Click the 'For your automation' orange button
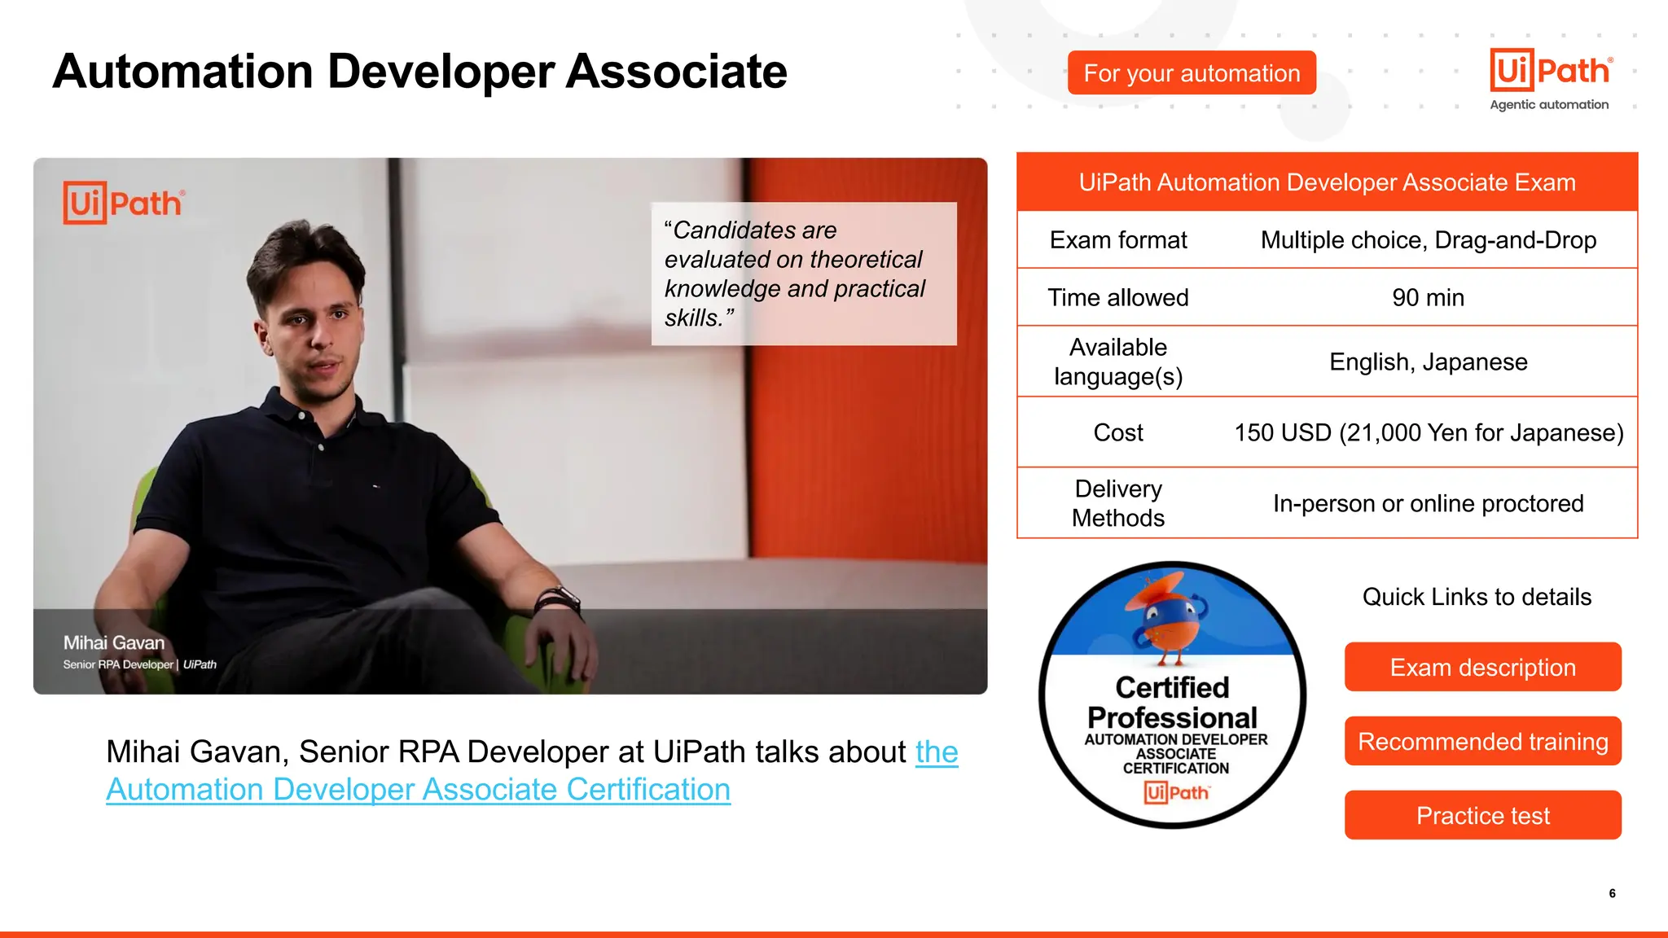click(x=1191, y=73)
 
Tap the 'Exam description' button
click(x=1482, y=668)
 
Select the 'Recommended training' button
click(x=1482, y=742)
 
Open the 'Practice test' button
click(x=1482, y=816)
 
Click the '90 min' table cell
click(x=1428, y=298)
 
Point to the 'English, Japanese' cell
click(x=1428, y=362)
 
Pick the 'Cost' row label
click(x=1117, y=433)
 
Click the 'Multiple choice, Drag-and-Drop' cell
click(x=1428, y=241)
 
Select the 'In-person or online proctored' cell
click(x=1428, y=504)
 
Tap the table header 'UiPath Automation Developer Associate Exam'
click(x=1327, y=182)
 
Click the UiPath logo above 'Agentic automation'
click(x=1550, y=70)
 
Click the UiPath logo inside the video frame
click(x=124, y=203)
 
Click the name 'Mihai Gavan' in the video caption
click(x=114, y=643)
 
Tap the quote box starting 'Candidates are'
click(x=803, y=274)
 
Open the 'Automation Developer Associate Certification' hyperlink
click(x=418, y=790)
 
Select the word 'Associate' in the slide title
click(x=676, y=72)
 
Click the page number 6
click(x=1612, y=893)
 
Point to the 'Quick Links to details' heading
click(x=1476, y=598)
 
